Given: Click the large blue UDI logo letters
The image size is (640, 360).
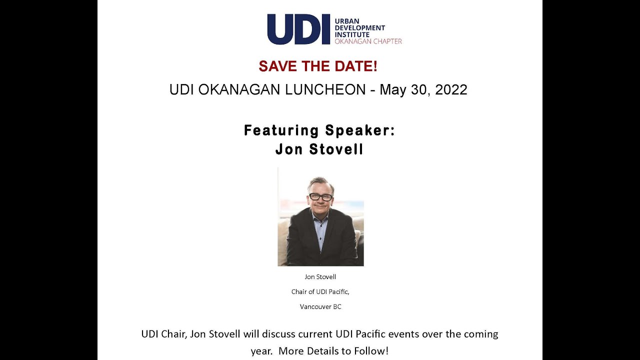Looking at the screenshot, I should (298, 29).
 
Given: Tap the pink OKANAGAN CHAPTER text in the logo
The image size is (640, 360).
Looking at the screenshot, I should (368, 41).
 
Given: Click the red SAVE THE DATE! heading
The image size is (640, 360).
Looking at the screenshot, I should (318, 66).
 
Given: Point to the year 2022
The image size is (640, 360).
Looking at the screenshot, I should (451, 90).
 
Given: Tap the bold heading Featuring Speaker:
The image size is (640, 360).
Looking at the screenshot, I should (319, 130).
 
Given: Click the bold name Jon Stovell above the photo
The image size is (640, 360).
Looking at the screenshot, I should (319, 149).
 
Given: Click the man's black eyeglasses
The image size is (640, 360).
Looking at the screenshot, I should (320, 197).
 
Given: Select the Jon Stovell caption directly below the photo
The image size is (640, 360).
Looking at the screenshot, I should (320, 277).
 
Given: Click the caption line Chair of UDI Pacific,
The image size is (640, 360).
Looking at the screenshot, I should (320, 292).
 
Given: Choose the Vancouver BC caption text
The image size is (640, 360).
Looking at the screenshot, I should (320, 306).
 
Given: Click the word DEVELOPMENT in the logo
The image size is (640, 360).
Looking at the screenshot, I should (360, 28).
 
